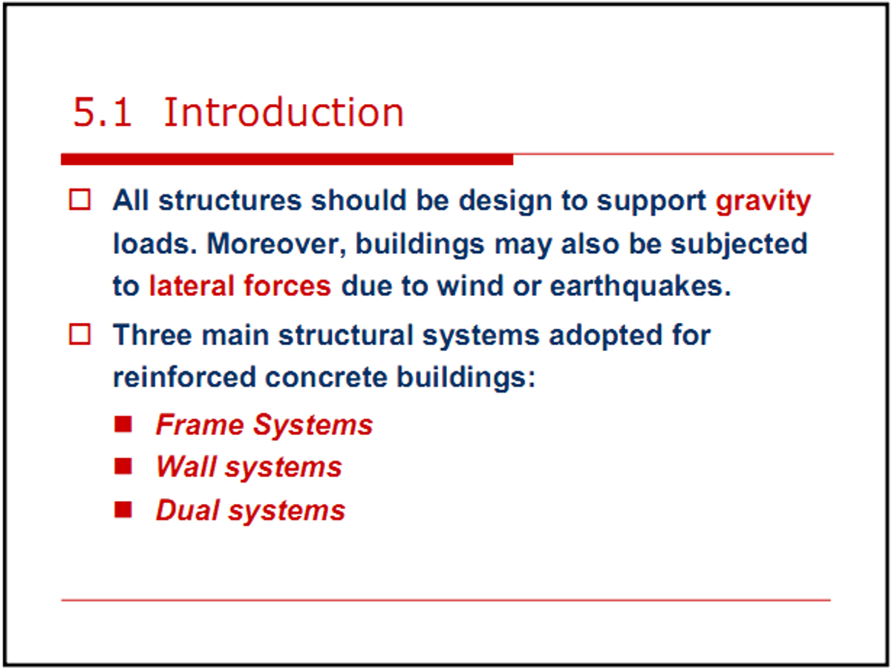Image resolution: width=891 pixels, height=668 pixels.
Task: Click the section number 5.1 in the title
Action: pos(102,112)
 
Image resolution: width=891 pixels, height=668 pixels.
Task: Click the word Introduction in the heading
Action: pos(284,112)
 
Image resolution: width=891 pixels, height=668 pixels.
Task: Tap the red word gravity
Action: pos(763,202)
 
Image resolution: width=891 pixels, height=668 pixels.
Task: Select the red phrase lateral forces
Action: pos(241,286)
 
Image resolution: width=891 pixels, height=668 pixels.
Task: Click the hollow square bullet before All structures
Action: pos(79,200)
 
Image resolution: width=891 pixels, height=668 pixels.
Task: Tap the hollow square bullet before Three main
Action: pos(79,335)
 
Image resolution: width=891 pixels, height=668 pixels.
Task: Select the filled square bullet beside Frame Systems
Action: pos(123,425)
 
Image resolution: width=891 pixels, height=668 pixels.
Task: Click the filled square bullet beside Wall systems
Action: pos(123,466)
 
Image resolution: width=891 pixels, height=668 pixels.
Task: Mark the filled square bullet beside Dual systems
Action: pos(123,510)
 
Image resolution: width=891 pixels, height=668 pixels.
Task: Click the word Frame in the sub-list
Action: pos(200,425)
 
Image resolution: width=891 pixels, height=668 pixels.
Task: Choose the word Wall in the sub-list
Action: pos(186,466)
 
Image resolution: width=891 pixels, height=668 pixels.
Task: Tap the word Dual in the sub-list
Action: pos(188,510)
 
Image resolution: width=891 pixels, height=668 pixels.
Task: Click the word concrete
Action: pos(326,377)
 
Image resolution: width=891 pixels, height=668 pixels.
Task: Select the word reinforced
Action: pos(184,377)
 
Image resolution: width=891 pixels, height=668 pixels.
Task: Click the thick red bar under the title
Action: pos(287,160)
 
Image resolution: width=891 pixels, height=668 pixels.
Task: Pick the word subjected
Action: pos(739,245)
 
